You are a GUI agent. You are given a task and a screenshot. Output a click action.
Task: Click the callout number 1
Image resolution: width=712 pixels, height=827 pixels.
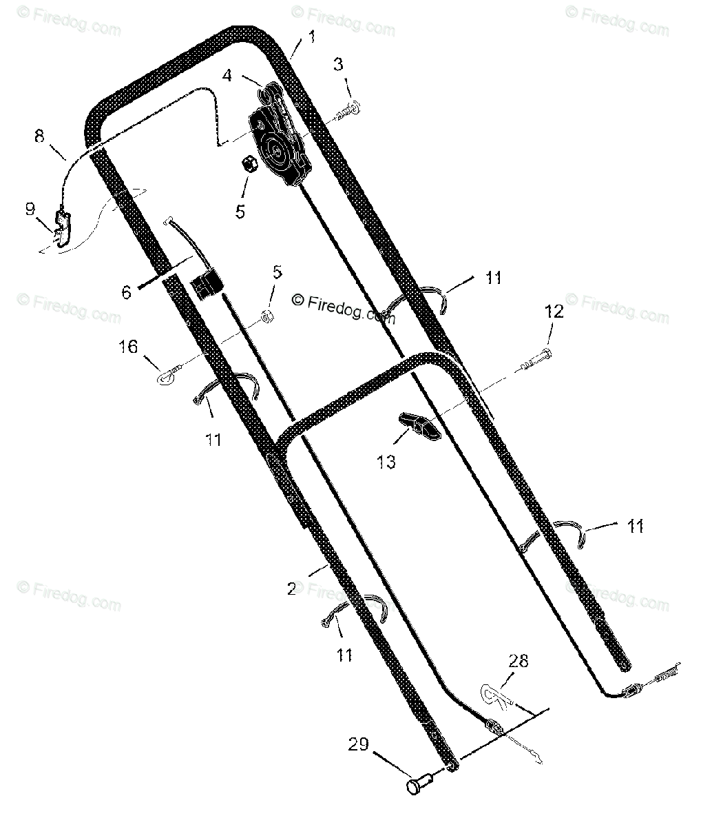coord(312,37)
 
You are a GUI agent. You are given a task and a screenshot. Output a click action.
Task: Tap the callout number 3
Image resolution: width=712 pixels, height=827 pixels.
coord(338,64)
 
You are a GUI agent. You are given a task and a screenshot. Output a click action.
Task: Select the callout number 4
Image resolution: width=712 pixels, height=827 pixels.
coord(227,75)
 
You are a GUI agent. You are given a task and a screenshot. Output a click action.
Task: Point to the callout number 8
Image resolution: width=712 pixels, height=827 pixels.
coord(39,136)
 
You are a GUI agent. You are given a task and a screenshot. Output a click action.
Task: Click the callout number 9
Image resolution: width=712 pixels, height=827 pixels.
coord(30,208)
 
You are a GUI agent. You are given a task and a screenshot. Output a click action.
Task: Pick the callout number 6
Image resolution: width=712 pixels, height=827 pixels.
coord(126,292)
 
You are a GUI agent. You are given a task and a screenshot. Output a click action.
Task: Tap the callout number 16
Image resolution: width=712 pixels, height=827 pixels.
coord(128,347)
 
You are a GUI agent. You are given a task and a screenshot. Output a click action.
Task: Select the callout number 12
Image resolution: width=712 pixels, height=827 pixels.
coord(554,312)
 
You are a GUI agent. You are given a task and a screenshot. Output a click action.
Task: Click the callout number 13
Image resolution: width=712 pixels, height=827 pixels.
coord(386,462)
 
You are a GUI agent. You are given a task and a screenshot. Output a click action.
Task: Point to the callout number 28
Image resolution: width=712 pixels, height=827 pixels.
coord(518,661)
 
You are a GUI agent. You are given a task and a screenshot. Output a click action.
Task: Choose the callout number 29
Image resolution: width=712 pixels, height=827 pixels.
coord(358,744)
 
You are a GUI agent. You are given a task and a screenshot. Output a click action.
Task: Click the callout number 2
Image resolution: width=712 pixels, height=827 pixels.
coord(292,589)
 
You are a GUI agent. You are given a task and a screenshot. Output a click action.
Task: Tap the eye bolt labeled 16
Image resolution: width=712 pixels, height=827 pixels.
coord(170,373)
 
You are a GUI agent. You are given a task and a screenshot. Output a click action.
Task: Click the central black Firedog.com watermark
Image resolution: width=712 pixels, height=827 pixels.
coord(344,309)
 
